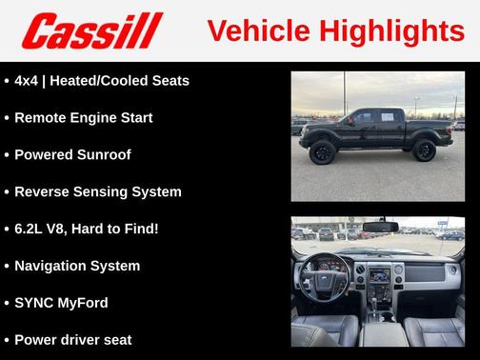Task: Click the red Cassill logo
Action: [x=92, y=31]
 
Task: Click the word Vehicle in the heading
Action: [x=246, y=31]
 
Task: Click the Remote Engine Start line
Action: [x=83, y=118]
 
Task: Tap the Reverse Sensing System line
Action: [x=97, y=191]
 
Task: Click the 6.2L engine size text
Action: [x=32, y=229]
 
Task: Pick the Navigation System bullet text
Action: [x=77, y=266]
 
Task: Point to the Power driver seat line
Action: [x=72, y=339]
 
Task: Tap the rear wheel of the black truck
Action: [x=424, y=150]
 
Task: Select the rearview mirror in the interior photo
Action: [x=379, y=226]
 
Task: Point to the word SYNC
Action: [x=33, y=303]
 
